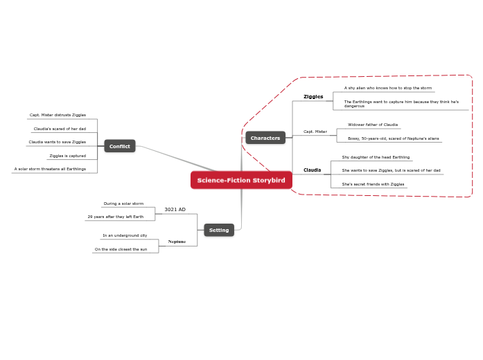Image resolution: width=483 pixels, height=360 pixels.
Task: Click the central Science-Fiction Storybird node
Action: click(241, 180)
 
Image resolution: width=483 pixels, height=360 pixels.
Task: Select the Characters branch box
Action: click(265, 138)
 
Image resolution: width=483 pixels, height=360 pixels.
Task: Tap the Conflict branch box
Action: click(120, 146)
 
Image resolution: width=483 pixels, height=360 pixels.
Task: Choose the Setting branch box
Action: click(219, 230)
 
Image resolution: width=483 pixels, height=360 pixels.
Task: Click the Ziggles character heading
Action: click(313, 97)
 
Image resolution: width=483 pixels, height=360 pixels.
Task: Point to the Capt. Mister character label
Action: click(315, 132)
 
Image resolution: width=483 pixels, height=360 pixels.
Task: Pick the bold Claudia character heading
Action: click(312, 170)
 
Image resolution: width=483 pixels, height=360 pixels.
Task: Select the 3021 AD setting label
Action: click(175, 209)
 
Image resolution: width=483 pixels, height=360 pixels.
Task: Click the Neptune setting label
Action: click(177, 242)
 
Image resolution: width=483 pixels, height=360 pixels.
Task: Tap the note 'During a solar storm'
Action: click(123, 204)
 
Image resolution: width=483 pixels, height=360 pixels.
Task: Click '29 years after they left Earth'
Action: click(115, 217)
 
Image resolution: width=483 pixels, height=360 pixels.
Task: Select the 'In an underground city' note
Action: click(125, 235)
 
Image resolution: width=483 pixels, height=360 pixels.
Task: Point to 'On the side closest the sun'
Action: click(121, 249)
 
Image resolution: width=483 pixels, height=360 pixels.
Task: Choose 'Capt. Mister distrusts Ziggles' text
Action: click(58, 115)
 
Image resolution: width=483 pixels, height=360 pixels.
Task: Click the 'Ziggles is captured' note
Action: click(67, 156)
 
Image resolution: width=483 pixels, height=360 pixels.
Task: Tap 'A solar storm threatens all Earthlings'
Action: click(50, 169)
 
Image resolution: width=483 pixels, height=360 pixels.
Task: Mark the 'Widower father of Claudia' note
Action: click(373, 125)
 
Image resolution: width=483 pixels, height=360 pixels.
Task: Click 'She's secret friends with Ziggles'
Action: click(373, 184)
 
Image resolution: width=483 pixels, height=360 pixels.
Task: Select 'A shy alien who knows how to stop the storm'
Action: click(388, 88)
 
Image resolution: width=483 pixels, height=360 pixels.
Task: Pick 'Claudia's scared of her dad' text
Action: click(60, 129)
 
